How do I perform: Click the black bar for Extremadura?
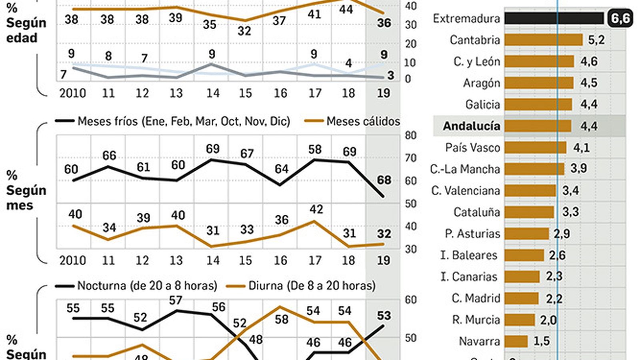[554, 18]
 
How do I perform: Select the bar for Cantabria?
[543, 40]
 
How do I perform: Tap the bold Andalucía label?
[471, 126]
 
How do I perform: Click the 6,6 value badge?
[620, 18]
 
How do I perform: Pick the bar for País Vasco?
[535, 148]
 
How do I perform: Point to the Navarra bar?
[516, 341]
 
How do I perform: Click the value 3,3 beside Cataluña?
[570, 212]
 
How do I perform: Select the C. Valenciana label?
[465, 191]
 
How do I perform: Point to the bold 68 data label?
[384, 180]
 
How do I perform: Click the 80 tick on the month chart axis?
[411, 135]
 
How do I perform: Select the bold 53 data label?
[384, 316]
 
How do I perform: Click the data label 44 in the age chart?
[346, 9]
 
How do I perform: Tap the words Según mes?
[26, 198]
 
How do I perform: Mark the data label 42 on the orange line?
[316, 209]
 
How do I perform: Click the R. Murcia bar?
[520, 320]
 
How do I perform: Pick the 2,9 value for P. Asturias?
[562, 234]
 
